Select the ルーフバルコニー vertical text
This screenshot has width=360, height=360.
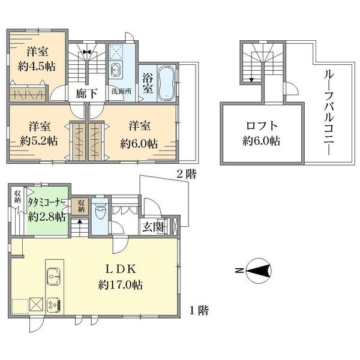328,114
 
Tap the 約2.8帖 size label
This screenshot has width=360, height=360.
46,217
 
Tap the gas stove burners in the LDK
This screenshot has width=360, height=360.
52,305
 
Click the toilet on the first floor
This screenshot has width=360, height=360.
100,211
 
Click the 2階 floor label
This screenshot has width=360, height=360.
185,174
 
